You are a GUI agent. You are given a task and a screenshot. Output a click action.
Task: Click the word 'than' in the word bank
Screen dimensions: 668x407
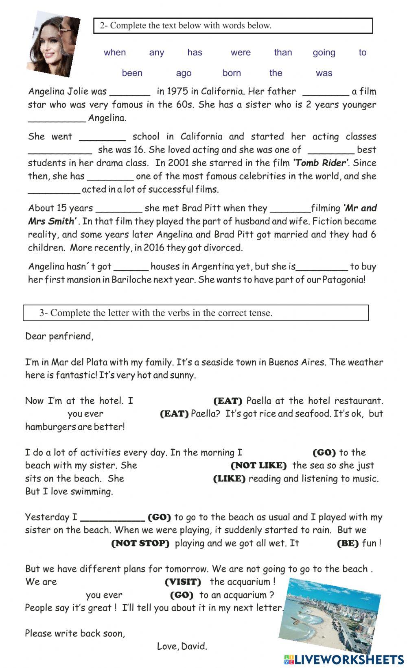283,52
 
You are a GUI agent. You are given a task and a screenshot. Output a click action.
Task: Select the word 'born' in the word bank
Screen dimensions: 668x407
232,73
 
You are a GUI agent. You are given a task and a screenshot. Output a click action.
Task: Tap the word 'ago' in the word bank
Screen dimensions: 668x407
184,73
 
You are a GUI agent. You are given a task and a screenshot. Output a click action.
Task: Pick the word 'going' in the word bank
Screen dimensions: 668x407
324,52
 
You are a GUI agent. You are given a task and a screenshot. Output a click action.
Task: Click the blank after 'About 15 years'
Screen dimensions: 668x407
118,209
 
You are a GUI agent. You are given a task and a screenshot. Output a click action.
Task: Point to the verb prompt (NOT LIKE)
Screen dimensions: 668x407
258,466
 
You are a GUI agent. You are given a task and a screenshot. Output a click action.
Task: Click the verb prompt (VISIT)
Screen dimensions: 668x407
183,582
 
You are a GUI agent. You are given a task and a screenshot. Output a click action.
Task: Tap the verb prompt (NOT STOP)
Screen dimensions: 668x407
140,543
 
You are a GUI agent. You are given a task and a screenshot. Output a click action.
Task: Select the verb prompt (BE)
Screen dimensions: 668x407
348,543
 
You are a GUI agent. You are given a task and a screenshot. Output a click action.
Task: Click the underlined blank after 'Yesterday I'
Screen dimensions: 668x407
113,518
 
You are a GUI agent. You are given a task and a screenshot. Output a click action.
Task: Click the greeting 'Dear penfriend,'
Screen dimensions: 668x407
59,336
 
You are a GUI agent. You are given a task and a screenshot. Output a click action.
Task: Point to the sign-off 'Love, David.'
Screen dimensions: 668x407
182,646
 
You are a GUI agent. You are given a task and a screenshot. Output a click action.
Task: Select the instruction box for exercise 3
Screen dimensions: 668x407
196,313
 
